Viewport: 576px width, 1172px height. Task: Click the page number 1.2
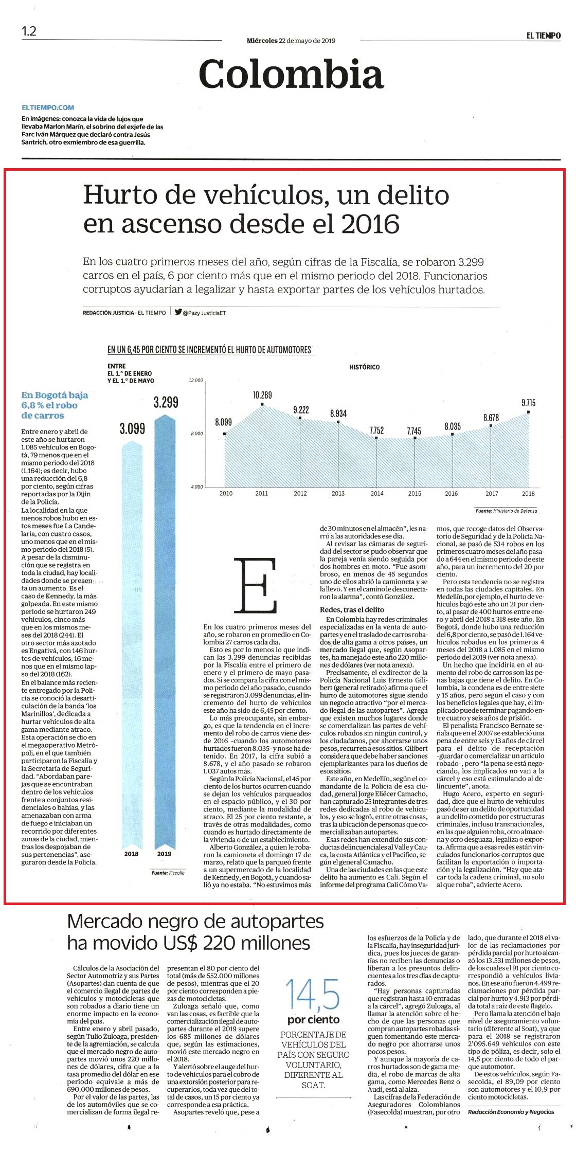29,31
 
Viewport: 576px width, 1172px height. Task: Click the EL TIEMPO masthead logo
543,35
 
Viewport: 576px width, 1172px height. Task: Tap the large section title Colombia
291,74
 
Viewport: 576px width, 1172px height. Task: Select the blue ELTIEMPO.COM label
48,107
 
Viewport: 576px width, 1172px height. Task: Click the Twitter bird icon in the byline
178,312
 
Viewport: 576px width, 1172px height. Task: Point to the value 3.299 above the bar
166,402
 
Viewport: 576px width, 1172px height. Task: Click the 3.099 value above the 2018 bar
133,428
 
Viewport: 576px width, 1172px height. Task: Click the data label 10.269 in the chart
262,395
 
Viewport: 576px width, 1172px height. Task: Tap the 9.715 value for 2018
528,403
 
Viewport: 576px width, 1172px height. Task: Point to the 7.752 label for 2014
376,430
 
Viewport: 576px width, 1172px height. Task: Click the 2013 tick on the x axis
338,493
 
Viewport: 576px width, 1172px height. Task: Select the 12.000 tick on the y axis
196,381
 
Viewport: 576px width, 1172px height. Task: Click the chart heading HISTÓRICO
364,367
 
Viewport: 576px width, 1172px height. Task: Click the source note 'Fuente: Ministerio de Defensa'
506,511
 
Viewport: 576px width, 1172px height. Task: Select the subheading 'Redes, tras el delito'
352,609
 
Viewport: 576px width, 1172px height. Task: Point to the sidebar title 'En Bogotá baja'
55,395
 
